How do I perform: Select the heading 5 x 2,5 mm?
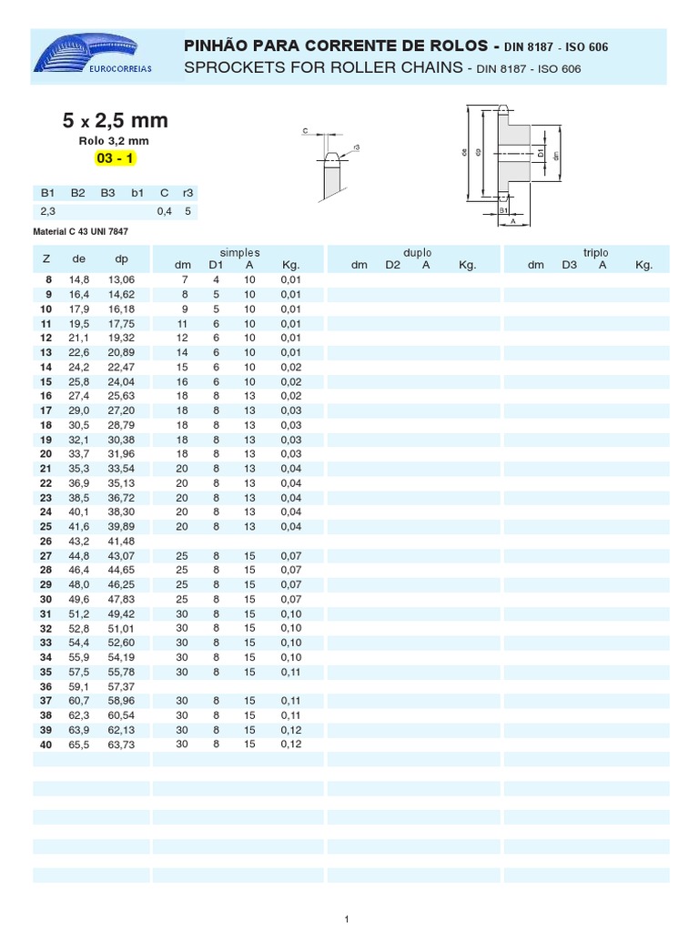click(115, 121)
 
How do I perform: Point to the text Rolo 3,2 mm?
click(115, 141)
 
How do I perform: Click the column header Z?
click(46, 258)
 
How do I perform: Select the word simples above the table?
click(239, 252)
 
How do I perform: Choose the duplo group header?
click(417, 252)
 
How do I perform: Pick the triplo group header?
click(595, 252)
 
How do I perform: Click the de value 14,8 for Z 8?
click(78, 279)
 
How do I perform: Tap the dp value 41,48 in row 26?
click(120, 541)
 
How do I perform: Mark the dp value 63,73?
click(120, 745)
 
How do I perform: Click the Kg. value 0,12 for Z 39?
click(290, 730)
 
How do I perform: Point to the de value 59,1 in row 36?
click(78, 686)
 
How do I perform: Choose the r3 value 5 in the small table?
click(187, 211)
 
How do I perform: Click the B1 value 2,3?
click(48, 211)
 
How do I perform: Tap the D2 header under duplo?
click(392, 265)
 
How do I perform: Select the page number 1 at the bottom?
click(347, 920)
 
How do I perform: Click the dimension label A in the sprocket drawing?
click(512, 220)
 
